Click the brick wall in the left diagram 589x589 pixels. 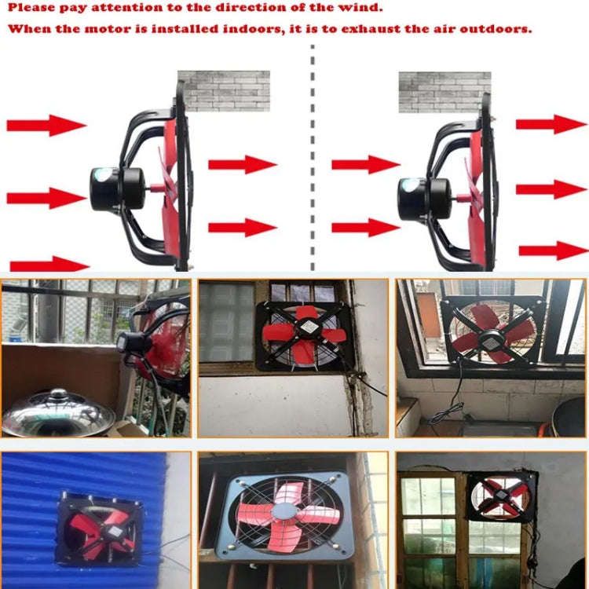pos(223,90)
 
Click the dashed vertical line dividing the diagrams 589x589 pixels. pos(313,157)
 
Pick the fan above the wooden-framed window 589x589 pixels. pos(502,496)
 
